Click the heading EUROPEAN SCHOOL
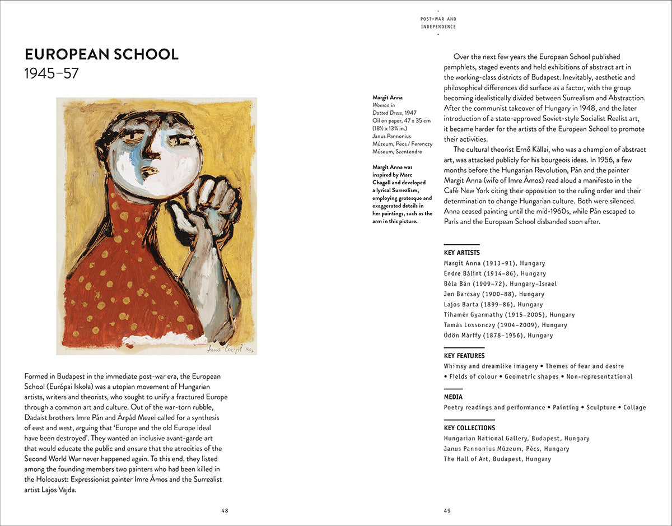click(x=101, y=54)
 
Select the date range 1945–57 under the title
click(x=52, y=73)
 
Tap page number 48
click(x=225, y=510)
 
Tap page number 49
click(x=447, y=510)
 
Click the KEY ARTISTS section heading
click(x=461, y=253)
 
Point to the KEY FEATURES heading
click(x=464, y=356)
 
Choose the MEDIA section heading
click(x=453, y=397)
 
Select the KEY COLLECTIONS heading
click(x=469, y=428)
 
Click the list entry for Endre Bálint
click(x=494, y=273)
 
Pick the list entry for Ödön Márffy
click(x=498, y=336)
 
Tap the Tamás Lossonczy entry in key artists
click(x=505, y=325)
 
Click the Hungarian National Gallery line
click(x=516, y=439)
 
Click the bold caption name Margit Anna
click(x=388, y=97)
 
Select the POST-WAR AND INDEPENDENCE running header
click(x=438, y=23)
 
